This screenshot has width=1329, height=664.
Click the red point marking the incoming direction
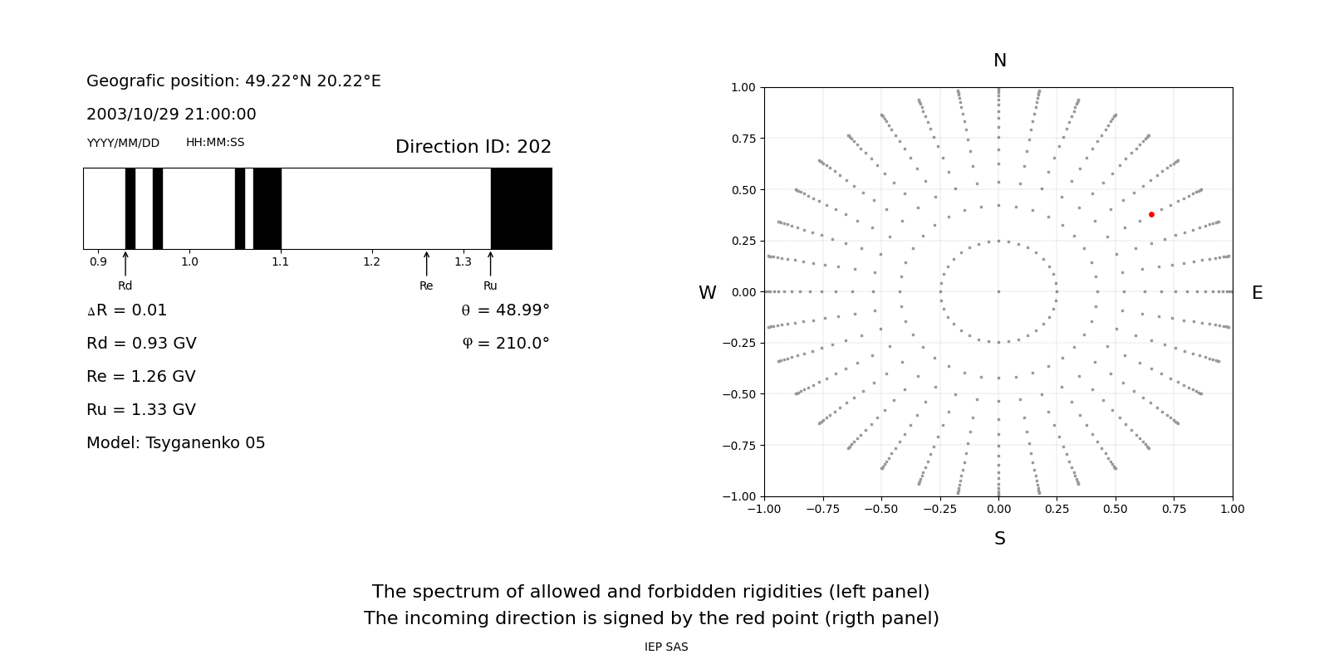[x=1151, y=214]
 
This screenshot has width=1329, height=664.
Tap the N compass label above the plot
[x=999, y=61]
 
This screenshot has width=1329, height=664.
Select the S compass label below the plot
[x=999, y=539]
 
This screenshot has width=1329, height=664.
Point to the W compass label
[x=707, y=293]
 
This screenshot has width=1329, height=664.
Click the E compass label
[x=1257, y=293]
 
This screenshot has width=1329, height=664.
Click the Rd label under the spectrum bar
[x=125, y=286]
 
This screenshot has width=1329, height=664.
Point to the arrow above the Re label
[x=426, y=264]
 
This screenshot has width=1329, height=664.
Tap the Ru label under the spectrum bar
[x=490, y=286]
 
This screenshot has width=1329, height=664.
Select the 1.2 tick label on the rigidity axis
[x=371, y=262]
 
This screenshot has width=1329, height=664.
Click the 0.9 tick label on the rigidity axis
[x=98, y=262]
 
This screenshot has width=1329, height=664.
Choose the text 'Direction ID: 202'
[x=473, y=147]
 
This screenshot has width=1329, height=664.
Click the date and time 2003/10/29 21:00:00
[x=171, y=115]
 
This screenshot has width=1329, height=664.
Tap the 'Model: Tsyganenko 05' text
[x=175, y=443]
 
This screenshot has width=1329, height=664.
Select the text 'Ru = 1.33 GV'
[x=141, y=410]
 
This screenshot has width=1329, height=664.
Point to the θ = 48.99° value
[x=505, y=310]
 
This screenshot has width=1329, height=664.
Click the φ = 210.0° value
[x=505, y=344]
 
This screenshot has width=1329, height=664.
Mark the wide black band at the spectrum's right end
[x=521, y=208]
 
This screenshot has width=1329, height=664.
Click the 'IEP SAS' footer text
[x=665, y=647]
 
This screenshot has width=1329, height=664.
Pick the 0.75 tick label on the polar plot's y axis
[x=743, y=139]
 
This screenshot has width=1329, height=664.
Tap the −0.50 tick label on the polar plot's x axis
[x=880, y=509]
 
